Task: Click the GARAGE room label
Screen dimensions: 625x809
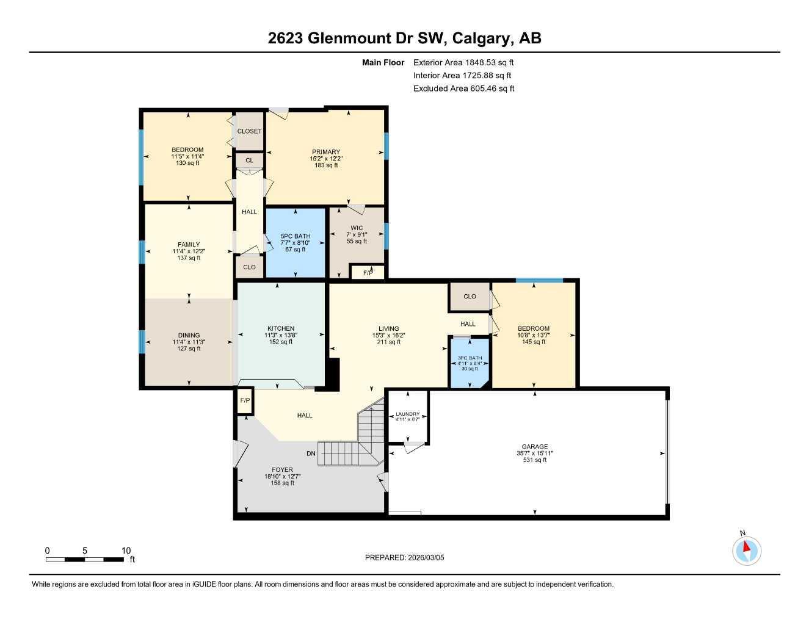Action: pos(534,447)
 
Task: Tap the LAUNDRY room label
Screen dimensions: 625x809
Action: pos(407,414)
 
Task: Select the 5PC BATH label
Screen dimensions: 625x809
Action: pos(296,236)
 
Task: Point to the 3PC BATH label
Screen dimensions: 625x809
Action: pos(470,358)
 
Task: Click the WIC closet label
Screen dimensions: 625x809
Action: pos(357,228)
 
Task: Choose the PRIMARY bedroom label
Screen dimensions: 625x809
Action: pos(326,152)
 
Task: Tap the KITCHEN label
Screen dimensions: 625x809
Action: pos(281,328)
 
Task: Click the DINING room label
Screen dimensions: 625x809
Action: pos(189,335)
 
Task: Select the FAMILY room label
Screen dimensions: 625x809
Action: pos(189,245)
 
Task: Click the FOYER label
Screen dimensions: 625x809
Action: pos(283,470)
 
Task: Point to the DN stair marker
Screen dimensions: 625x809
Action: pos(311,453)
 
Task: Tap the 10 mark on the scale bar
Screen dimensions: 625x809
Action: pos(126,551)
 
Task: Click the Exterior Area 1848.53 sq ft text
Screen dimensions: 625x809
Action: pos(463,62)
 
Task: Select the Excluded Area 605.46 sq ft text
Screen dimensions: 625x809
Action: pos(463,89)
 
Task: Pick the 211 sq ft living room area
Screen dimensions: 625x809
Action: pos(388,342)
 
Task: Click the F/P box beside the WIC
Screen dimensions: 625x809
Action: pos(368,273)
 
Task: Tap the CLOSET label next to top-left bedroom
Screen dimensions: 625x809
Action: pos(249,131)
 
